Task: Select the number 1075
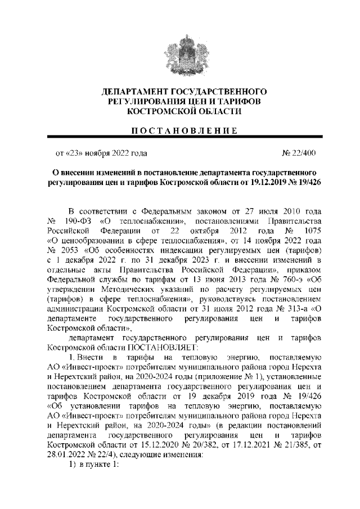pos(310,230)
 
